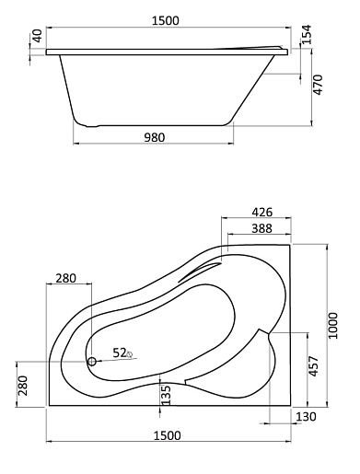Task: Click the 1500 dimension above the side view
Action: coord(165,20)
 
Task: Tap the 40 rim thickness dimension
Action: coord(37,36)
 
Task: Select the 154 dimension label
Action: coord(306,34)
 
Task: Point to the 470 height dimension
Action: coord(318,85)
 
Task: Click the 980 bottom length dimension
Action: coord(155,137)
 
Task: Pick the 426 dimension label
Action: coord(261,212)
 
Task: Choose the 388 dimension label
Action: coord(261,228)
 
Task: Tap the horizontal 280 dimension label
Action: coord(65,278)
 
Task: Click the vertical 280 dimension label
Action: coord(23,386)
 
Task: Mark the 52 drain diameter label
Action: coord(120,353)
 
